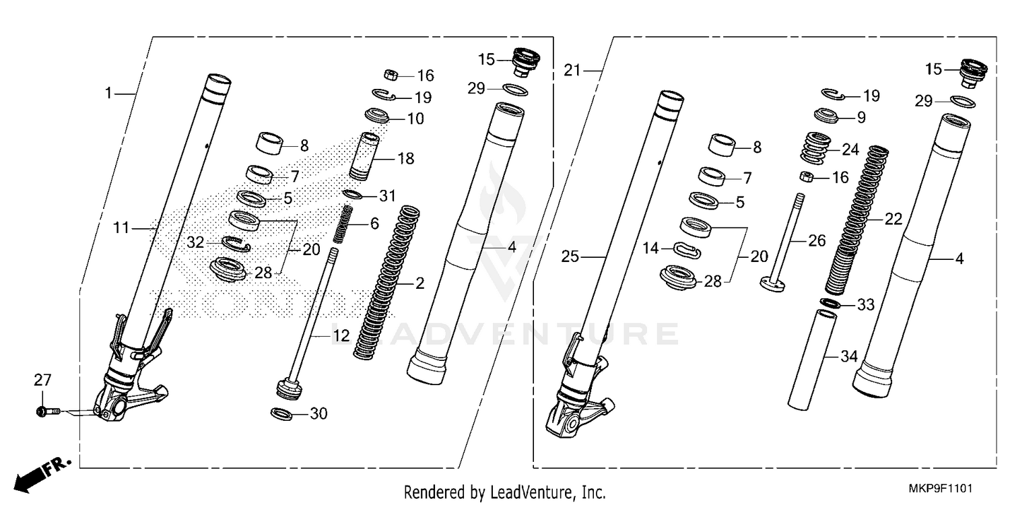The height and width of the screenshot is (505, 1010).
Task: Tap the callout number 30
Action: click(318, 413)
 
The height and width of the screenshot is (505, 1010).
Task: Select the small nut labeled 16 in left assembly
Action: click(389, 73)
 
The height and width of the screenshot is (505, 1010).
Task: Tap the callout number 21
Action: click(572, 69)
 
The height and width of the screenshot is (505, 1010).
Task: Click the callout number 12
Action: click(341, 334)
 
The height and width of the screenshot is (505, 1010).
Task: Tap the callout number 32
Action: click(195, 242)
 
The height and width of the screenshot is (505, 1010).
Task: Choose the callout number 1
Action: click(108, 92)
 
